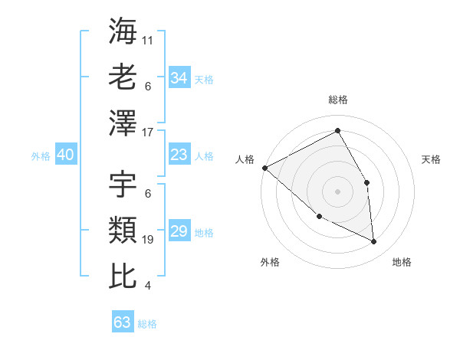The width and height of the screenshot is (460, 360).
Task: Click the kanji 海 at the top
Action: click(x=123, y=31)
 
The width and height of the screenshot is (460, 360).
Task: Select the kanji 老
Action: click(x=123, y=77)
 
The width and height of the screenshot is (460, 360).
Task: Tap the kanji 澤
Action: click(x=123, y=123)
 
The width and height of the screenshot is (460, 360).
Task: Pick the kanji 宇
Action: click(x=123, y=184)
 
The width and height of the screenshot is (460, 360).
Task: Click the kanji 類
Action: click(x=123, y=230)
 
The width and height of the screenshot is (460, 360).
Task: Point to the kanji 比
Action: click(x=123, y=276)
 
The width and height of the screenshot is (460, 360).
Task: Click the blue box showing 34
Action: click(x=179, y=78)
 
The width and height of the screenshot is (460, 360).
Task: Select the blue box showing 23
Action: click(x=179, y=155)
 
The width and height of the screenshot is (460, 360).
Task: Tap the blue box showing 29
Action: click(x=179, y=231)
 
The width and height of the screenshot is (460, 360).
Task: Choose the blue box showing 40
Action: click(x=65, y=155)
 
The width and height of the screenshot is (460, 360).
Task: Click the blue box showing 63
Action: click(x=122, y=322)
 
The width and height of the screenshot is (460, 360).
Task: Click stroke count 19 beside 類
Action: click(x=148, y=240)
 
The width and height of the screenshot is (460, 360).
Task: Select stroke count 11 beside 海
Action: click(x=148, y=40)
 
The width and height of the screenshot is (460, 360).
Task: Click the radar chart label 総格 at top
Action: click(x=337, y=100)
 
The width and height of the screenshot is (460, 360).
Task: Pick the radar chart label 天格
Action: click(x=432, y=159)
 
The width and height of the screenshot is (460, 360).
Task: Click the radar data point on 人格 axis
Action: click(x=264, y=167)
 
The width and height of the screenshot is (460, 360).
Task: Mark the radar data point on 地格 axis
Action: click(x=374, y=242)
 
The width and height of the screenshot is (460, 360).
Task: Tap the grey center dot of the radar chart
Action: click(x=337, y=191)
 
